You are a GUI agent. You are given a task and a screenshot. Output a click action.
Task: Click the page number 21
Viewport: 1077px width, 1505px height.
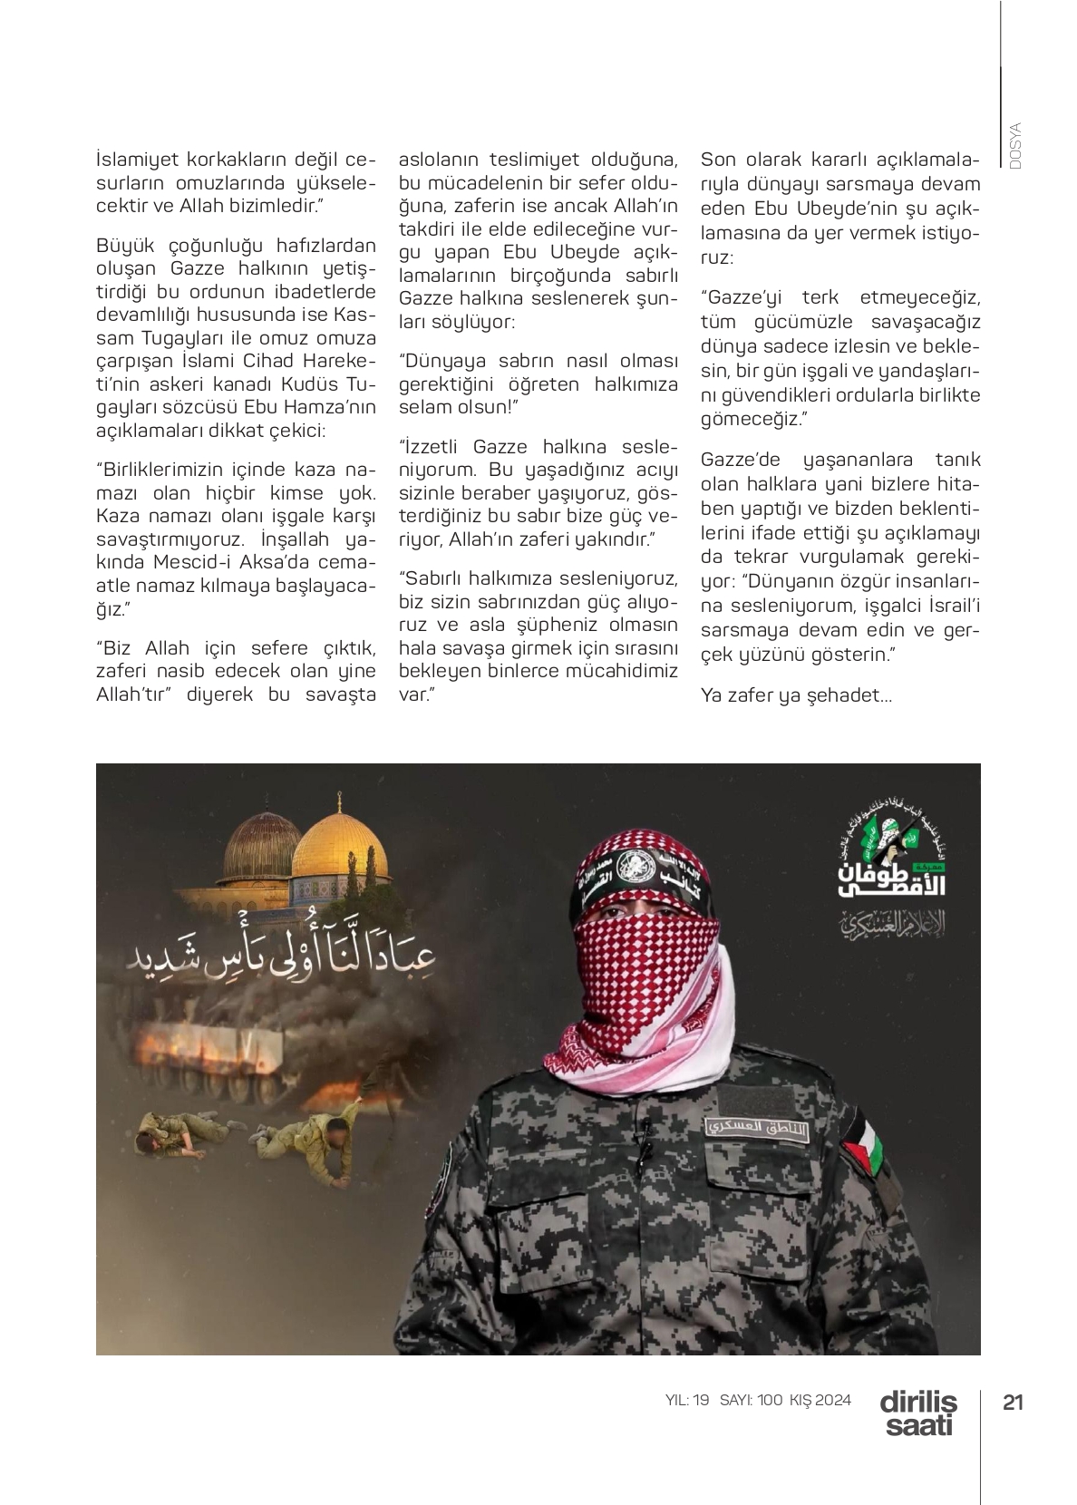click(1013, 1402)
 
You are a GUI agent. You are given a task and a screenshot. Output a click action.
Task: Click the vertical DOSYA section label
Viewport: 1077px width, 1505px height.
click(1014, 146)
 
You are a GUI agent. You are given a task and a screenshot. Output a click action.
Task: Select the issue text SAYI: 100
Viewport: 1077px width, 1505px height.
click(751, 1400)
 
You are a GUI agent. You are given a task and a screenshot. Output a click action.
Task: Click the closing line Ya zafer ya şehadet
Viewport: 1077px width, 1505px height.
click(796, 696)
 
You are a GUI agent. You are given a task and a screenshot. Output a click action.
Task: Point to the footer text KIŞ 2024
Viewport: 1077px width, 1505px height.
click(821, 1400)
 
